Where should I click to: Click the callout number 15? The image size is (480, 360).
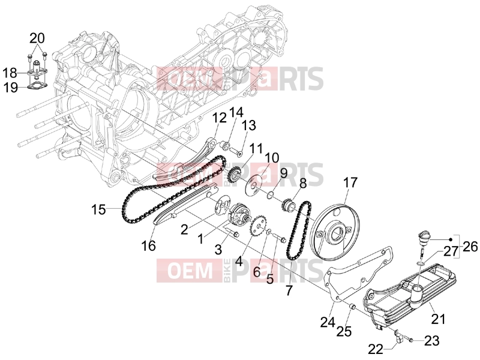(98, 210)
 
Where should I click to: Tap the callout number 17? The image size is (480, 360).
(350, 182)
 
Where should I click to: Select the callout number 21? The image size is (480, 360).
(438, 319)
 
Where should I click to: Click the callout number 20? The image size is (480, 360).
(37, 38)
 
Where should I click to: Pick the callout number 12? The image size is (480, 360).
(220, 118)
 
